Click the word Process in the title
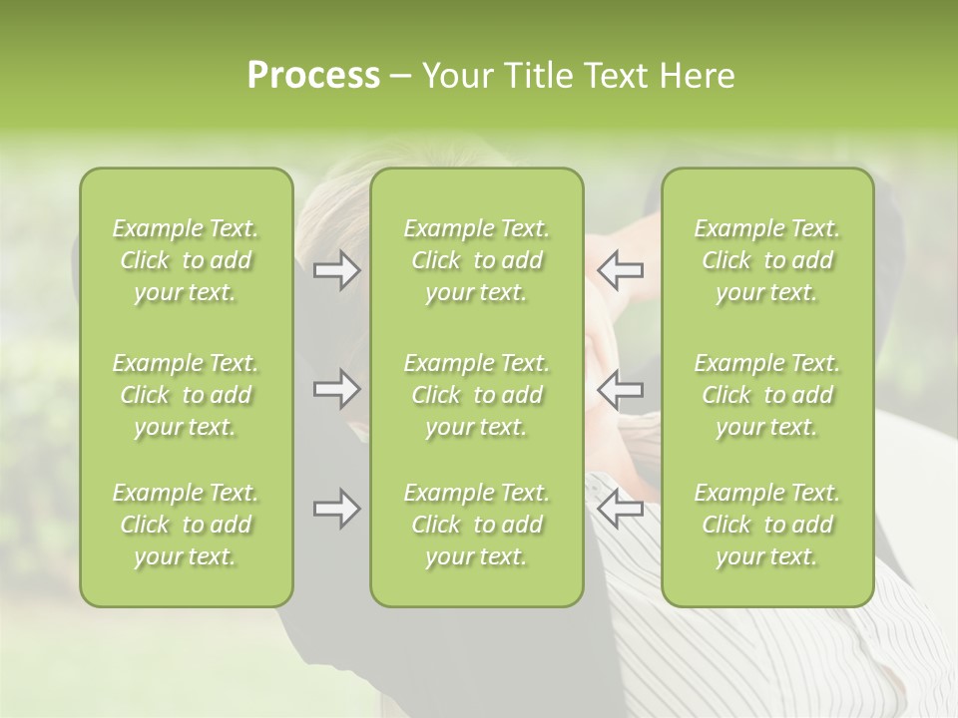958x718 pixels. coord(313,76)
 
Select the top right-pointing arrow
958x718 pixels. coord(336,270)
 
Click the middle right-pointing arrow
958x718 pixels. coord(336,389)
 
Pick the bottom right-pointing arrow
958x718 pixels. coord(336,509)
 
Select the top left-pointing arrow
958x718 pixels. coord(620,270)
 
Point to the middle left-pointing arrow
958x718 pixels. coord(620,389)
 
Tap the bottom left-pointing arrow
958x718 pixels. coord(620,509)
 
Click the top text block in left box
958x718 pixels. coord(186,260)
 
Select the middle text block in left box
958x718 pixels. coord(186,395)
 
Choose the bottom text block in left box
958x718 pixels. coord(186,525)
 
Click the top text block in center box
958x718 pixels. coord(476,260)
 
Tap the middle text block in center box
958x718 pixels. coord(476,395)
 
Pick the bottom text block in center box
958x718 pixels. coord(476,525)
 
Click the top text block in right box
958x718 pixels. coord(766,260)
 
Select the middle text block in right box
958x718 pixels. coord(766,395)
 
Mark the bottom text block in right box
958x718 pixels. coord(766,525)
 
